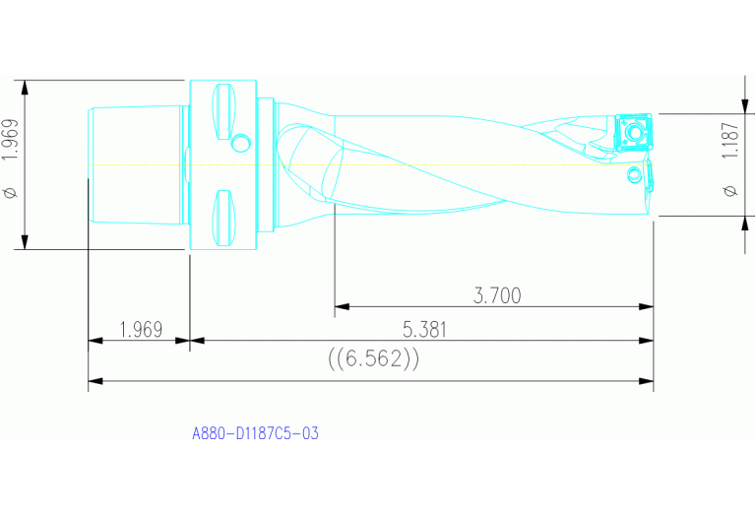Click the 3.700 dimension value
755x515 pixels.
[x=496, y=294]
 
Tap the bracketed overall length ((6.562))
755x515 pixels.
[x=373, y=359]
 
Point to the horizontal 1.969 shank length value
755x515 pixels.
[x=140, y=330]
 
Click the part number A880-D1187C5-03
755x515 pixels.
[x=255, y=432]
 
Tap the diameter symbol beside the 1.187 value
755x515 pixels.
[x=729, y=190]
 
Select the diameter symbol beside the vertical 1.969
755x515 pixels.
[x=11, y=194]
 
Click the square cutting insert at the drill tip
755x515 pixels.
[x=632, y=130]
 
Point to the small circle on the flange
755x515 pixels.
[x=239, y=145]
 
